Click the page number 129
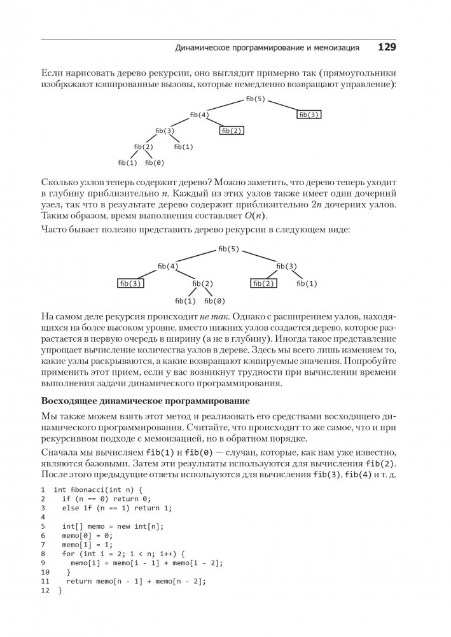point(387,47)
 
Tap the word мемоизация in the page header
point(335,48)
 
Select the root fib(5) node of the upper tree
point(254,99)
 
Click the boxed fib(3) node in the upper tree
point(309,115)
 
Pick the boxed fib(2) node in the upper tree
point(232,130)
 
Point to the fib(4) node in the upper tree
point(200,115)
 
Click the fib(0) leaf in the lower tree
point(216,300)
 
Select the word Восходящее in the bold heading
point(69,402)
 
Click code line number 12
point(44,591)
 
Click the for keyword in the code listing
point(68,554)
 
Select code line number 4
point(43,517)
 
